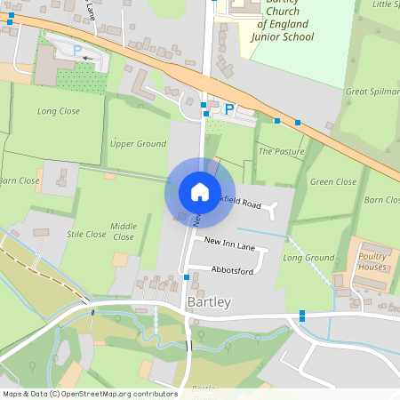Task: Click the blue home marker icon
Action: [x=199, y=191]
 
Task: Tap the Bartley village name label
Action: [x=210, y=302]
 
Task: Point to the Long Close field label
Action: [x=59, y=111]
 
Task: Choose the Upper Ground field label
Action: [x=138, y=143]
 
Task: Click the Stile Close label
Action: [x=86, y=235]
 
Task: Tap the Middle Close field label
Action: [x=124, y=232]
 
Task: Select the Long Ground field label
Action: [x=308, y=258]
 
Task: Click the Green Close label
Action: [x=333, y=182]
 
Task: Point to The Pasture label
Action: [x=281, y=152]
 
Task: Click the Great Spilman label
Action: [x=370, y=91]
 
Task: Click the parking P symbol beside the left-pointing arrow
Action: [x=76, y=51]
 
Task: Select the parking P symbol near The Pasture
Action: [x=229, y=109]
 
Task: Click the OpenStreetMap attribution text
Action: [x=89, y=393]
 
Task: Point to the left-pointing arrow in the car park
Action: [x=86, y=58]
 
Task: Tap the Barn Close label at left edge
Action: [x=18, y=180]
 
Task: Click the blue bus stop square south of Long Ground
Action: [x=303, y=314]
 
